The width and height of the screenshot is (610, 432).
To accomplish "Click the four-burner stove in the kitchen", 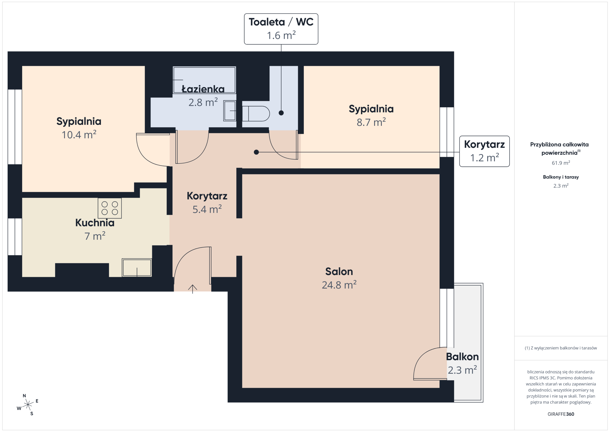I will (x=110, y=208).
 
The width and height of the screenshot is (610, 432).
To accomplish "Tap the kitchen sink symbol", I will (x=137, y=267).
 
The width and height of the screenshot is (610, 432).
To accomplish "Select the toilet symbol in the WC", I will (x=256, y=114).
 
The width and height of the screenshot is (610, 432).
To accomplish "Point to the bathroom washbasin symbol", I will (x=229, y=111).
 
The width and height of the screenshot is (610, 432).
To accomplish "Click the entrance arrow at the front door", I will (x=193, y=289).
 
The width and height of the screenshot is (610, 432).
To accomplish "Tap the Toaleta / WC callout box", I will (x=281, y=29).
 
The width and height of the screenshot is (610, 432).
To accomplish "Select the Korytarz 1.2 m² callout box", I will (x=484, y=151).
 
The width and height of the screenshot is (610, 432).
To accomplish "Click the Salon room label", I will (x=339, y=271).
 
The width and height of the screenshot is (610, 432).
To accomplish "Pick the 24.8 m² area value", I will (x=339, y=285).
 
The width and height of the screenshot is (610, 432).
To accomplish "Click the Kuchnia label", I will (x=95, y=223).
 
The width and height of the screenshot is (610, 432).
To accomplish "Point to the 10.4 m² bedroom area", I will (x=79, y=135).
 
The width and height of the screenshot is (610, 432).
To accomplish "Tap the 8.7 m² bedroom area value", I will (x=371, y=122).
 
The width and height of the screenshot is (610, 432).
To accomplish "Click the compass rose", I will (x=28, y=405).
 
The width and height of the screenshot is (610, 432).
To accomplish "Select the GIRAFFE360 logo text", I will (x=561, y=414).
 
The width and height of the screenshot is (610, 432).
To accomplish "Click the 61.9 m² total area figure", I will (x=561, y=163).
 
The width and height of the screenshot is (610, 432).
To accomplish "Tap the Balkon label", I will (x=462, y=357).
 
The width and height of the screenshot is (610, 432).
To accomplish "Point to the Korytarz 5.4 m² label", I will (x=207, y=202).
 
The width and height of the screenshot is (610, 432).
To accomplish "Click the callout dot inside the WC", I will (x=281, y=113).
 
